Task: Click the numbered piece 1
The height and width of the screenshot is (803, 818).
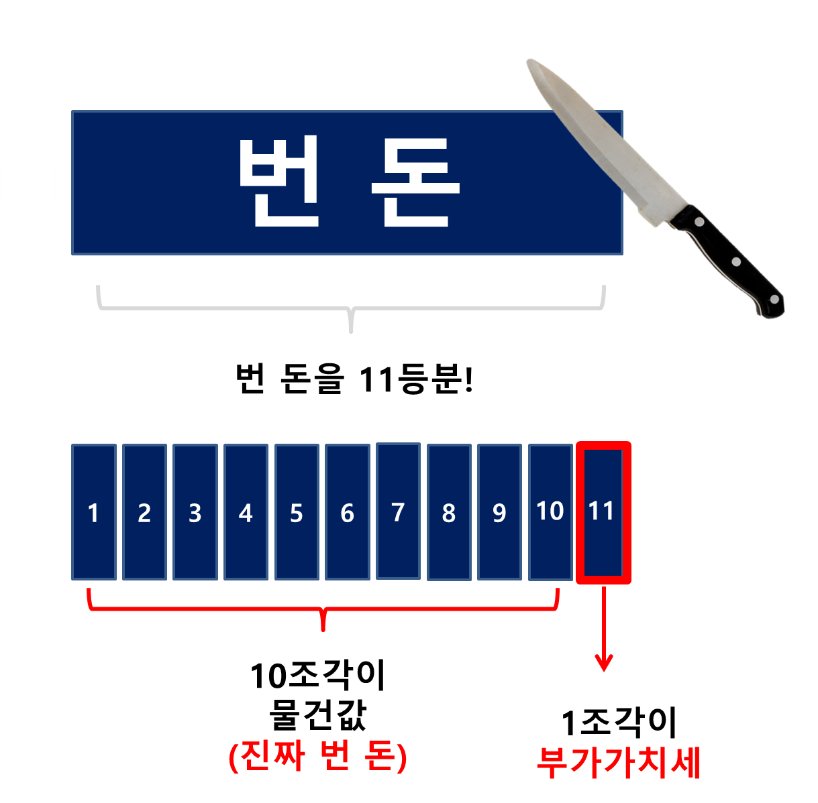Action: [x=93, y=512]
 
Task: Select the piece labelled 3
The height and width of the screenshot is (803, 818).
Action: [x=195, y=512]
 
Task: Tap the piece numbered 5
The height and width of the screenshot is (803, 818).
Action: [x=297, y=512]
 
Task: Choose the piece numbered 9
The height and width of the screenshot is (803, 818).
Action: [x=499, y=512]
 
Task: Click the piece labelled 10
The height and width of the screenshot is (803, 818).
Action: [x=550, y=512]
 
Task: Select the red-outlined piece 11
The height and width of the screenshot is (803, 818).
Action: [x=603, y=512]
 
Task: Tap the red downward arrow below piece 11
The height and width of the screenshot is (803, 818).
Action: [x=604, y=630]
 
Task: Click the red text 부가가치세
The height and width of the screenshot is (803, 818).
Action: [x=618, y=763]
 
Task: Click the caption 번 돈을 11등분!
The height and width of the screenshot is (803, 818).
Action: [x=354, y=379]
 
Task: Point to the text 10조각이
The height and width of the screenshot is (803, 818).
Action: [x=317, y=676]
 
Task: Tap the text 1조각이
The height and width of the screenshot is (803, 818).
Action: [x=618, y=723]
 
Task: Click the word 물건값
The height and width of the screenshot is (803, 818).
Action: [x=317, y=715]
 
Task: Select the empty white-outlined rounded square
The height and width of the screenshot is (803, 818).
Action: [x=29, y=183]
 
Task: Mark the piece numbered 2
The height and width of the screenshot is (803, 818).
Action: [x=144, y=512]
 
